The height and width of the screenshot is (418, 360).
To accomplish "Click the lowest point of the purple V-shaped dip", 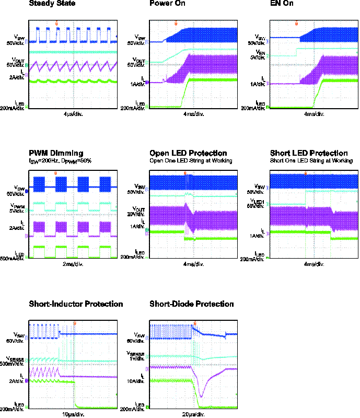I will point(201,397).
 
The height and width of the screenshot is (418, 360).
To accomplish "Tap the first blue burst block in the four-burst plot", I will point(39,184).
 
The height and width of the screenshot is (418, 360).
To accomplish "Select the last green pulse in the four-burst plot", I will point(105,251).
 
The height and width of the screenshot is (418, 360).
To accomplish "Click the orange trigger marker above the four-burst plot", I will point(55,173).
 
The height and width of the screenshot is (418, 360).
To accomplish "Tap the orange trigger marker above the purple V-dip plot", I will point(195,323).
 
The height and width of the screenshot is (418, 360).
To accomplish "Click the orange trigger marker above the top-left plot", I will point(56,24).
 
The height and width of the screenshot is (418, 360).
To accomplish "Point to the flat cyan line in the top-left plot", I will point(73,52).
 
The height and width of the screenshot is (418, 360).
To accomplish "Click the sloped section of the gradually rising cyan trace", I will point(175,55).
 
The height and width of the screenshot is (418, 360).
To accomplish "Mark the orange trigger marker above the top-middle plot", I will point(176,24).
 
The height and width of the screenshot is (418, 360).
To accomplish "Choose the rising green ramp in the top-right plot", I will point(317,94).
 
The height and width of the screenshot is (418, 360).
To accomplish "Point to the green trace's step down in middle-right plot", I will point(331,235).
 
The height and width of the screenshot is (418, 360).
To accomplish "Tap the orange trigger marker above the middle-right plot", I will point(306,173).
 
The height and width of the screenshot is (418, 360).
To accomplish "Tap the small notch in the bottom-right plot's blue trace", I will point(225,335).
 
